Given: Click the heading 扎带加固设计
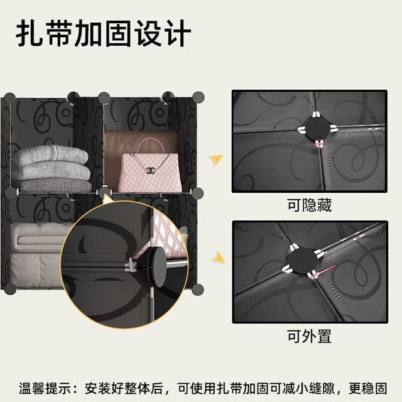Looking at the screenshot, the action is (103, 33).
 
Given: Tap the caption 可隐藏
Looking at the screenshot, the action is (310, 205).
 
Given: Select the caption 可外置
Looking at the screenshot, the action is (310, 336).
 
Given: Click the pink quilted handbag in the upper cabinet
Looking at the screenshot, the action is (149, 169).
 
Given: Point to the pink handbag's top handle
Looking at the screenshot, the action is (149, 146).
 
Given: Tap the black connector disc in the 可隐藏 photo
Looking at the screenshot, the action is (317, 128).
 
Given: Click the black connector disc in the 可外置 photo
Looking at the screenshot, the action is (303, 261).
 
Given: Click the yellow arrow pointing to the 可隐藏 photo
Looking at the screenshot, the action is (217, 159).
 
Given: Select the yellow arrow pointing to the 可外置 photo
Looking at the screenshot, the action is (218, 258).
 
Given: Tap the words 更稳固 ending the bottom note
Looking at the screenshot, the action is (368, 388).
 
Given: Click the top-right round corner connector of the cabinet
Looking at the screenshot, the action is (198, 97).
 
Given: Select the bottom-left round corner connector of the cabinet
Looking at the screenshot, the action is (10, 289).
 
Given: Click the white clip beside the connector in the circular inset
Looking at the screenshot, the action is (131, 265).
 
